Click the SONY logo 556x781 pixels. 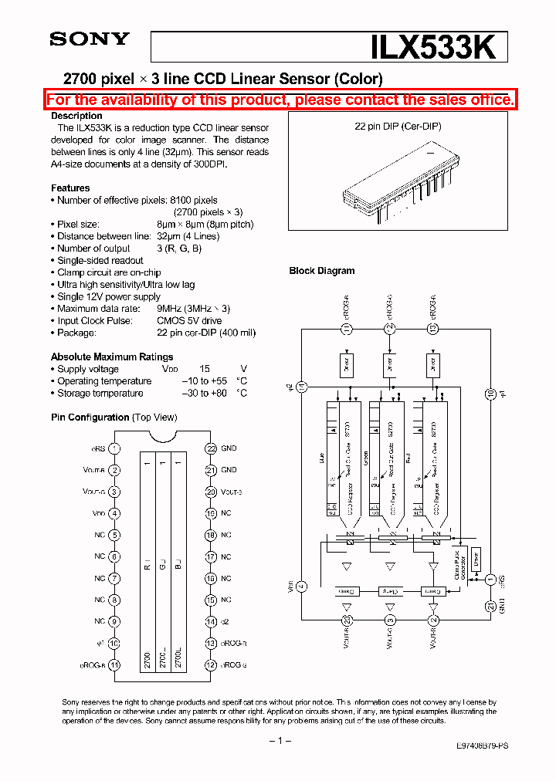click(x=90, y=39)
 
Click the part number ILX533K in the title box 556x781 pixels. click(x=436, y=48)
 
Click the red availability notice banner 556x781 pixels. click(x=280, y=100)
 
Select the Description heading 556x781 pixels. click(x=76, y=116)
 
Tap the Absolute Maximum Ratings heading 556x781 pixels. click(x=112, y=357)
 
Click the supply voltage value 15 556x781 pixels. click(x=205, y=369)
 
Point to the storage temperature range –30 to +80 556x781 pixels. click(x=204, y=393)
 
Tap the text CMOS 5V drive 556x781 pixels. click(x=189, y=320)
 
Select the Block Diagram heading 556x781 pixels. click(x=322, y=271)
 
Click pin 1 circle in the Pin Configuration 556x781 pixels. click(x=114, y=448)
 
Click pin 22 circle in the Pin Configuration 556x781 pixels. click(x=210, y=448)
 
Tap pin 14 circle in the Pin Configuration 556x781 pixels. click(x=210, y=621)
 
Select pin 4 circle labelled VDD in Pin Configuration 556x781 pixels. click(x=114, y=513)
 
